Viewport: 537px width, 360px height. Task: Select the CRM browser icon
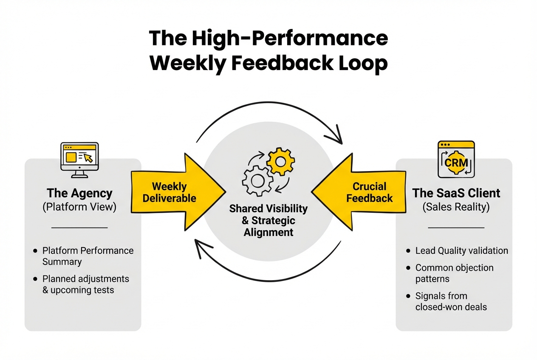[x=456, y=159]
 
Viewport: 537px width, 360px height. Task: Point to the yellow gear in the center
[x=280, y=161]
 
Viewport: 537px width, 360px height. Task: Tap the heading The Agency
[x=80, y=194]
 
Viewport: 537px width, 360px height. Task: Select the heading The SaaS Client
[x=456, y=194]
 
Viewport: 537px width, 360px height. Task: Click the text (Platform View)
[x=80, y=207]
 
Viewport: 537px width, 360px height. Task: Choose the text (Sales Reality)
[x=456, y=207]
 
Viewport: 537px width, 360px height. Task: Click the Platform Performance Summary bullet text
[x=88, y=256]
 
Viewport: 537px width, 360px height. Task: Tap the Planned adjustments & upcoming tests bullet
[x=85, y=284]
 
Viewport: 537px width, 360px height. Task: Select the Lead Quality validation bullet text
[x=461, y=251]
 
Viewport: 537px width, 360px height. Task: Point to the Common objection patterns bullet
[x=454, y=273]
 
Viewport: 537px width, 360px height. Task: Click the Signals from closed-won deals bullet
[x=450, y=301]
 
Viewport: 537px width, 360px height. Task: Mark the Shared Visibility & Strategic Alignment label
[x=268, y=220]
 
